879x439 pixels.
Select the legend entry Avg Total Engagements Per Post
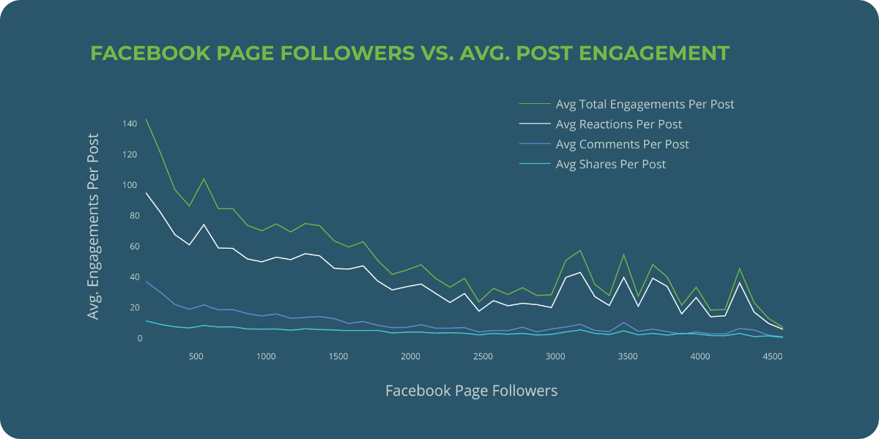pyautogui.click(x=645, y=104)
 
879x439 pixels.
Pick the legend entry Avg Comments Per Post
pyautogui.click(x=622, y=144)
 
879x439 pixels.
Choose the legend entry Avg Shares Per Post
pyautogui.click(x=611, y=164)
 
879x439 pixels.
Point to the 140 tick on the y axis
pyautogui.click(x=130, y=124)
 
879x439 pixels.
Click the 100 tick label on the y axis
pyautogui.click(x=130, y=185)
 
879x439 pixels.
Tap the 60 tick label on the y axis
pyautogui.click(x=132, y=247)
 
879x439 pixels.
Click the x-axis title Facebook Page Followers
pyautogui.click(x=471, y=391)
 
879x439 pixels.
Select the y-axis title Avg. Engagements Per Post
pyautogui.click(x=93, y=226)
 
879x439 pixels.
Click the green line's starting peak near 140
pyautogui.click(x=146, y=119)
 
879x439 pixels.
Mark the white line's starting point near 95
pyautogui.click(x=146, y=193)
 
